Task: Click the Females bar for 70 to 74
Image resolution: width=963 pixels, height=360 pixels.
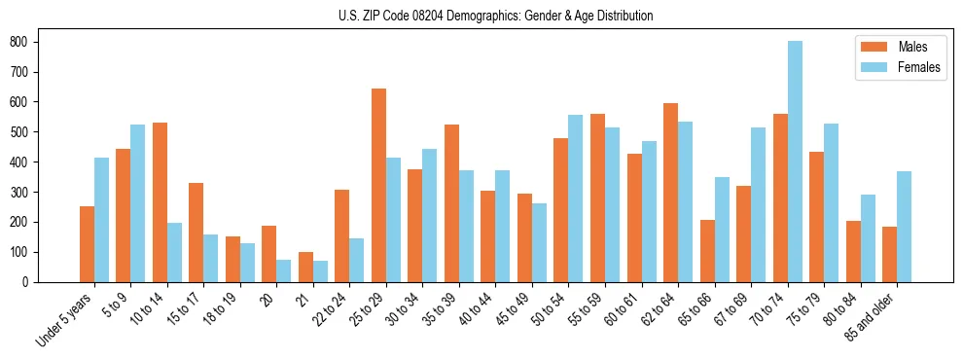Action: point(795,162)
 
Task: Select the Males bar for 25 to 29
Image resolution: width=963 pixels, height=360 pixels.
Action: point(378,185)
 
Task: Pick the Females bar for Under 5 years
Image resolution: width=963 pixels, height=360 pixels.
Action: point(101,220)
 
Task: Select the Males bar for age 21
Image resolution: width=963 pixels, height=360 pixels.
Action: point(305,267)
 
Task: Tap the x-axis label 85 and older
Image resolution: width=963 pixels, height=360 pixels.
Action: point(872,317)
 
